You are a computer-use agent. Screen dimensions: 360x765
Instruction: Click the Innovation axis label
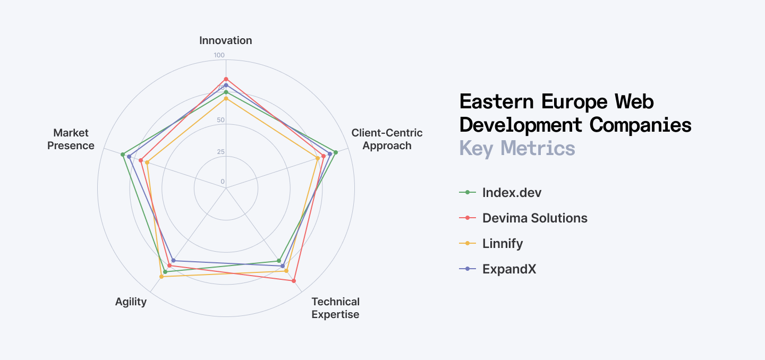tap(226, 40)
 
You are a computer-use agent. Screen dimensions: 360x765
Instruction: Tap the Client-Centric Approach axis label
tap(387, 139)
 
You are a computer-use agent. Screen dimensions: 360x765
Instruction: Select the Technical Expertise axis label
tap(335, 308)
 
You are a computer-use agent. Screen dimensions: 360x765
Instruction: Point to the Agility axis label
tap(131, 302)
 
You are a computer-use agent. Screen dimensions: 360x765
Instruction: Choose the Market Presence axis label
tap(71, 139)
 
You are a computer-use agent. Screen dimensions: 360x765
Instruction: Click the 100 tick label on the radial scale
tap(219, 55)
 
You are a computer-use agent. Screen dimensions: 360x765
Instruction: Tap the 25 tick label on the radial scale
tap(220, 152)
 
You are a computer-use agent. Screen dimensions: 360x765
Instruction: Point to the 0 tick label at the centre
tap(223, 182)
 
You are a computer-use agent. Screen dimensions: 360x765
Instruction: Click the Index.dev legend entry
tap(512, 192)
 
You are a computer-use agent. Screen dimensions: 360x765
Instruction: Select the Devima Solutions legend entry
tap(534, 218)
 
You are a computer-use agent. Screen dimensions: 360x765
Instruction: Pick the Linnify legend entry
tap(503, 243)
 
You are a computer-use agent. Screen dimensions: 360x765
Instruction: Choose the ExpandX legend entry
tap(509, 269)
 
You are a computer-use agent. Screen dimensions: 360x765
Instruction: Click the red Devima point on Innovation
tap(226, 79)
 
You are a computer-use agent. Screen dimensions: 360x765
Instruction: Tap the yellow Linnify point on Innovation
tap(226, 98)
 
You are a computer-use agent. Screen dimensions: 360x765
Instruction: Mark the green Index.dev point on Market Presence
tap(123, 155)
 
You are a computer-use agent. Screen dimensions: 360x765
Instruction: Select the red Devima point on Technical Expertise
tap(294, 281)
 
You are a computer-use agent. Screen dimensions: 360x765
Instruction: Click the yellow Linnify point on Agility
tap(161, 277)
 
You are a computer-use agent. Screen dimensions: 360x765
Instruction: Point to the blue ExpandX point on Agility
tap(173, 261)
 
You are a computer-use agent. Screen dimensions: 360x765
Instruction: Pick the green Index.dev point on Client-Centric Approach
tap(335, 152)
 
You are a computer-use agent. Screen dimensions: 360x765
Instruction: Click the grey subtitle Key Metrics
tap(517, 148)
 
